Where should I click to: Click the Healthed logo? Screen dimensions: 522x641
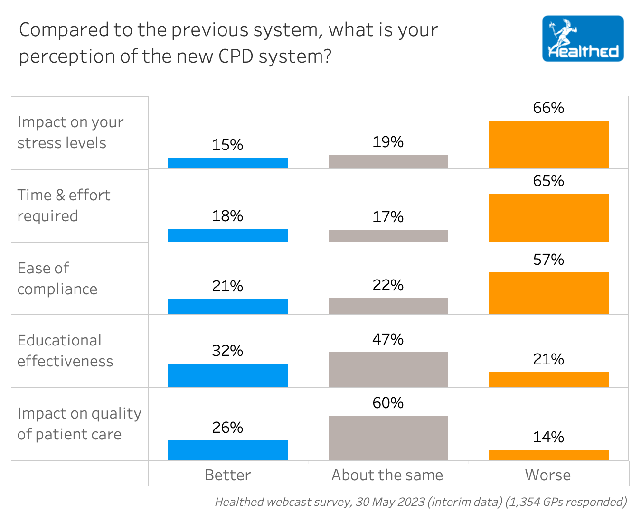pyautogui.click(x=583, y=38)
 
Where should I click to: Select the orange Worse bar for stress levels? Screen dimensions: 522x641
pyautogui.click(x=548, y=144)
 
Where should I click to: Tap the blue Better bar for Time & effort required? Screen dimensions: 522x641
pyautogui.click(x=228, y=235)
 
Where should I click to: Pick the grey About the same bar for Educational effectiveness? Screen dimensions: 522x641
pyautogui.click(x=388, y=369)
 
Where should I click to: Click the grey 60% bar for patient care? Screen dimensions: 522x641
pyautogui.click(x=388, y=438)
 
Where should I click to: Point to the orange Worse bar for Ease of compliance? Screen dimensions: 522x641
pyautogui.click(x=548, y=293)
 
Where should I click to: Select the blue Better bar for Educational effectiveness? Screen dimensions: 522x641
pyautogui.click(x=228, y=375)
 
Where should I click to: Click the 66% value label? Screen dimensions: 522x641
pyautogui.click(x=548, y=108)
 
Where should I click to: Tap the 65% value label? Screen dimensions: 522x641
pyautogui.click(x=548, y=181)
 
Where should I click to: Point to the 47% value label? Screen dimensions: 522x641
pyautogui.click(x=388, y=339)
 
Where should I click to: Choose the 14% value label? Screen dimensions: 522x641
pyautogui.click(x=548, y=437)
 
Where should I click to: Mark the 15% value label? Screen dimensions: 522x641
pyautogui.click(x=227, y=145)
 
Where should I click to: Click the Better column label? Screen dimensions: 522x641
pyautogui.click(x=227, y=475)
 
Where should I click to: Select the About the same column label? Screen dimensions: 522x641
pyautogui.click(x=387, y=475)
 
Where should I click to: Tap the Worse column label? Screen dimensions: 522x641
pyautogui.click(x=548, y=475)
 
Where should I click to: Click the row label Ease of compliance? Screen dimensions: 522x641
pyautogui.click(x=57, y=279)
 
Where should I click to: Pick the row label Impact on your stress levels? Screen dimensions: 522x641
pyautogui.click(x=70, y=132)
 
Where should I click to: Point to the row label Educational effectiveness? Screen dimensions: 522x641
pyautogui.click(x=65, y=351)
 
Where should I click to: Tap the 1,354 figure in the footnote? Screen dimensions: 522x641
pyautogui.click(x=524, y=502)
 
